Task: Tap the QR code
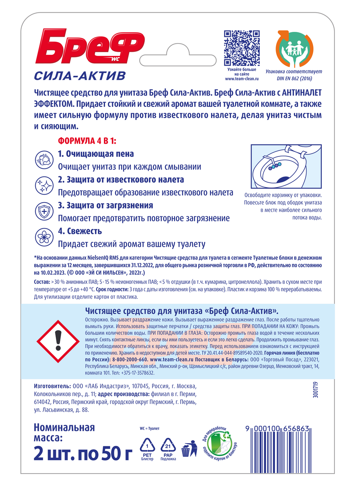click(242, 48)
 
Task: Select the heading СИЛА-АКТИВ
click(80, 76)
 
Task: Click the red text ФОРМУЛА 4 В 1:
click(87, 141)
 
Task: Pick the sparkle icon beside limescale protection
click(44, 186)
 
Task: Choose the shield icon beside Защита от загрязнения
click(44, 211)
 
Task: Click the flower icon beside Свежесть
click(44, 237)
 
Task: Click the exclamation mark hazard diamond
click(58, 341)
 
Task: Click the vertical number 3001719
click(316, 390)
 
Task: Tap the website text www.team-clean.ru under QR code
click(242, 79)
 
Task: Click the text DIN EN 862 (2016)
click(294, 78)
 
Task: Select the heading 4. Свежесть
click(80, 231)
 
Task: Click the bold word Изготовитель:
click(52, 386)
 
